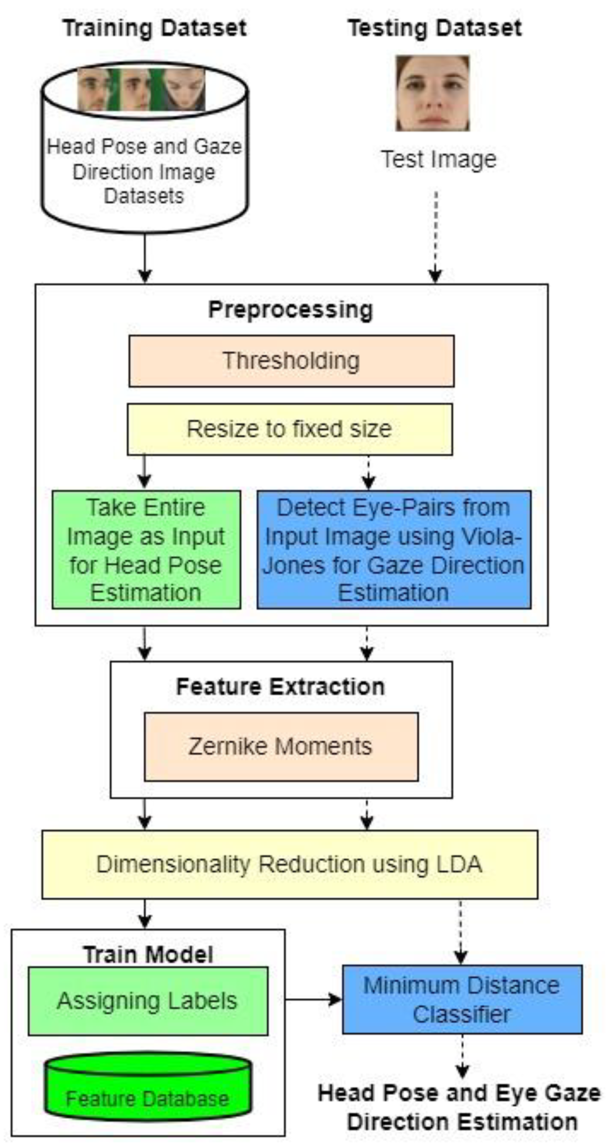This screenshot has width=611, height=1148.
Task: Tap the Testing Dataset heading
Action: coord(434,28)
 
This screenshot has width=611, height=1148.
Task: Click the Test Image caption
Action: coord(439,160)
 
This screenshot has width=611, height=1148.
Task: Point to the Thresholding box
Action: coord(291,361)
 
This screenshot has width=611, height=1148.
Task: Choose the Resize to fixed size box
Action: coord(290,429)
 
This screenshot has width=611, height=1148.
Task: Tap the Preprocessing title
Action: coord(291,310)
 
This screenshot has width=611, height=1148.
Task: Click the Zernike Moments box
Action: coord(281,746)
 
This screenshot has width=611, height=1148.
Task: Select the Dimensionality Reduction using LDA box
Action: coord(290,864)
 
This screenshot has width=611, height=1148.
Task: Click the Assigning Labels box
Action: coord(148,1001)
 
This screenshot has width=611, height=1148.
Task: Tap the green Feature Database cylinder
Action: coord(148,1088)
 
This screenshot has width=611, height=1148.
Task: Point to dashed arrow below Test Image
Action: coord(436,236)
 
